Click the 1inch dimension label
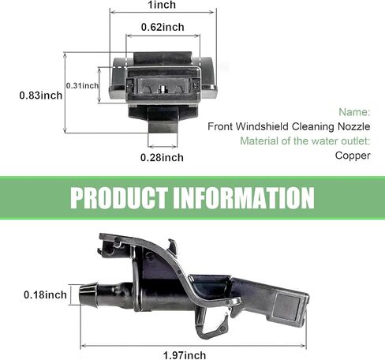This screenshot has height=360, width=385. (x=162, y=5)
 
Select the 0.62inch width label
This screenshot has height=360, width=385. (x=163, y=27)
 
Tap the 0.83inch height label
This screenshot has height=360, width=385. (x=41, y=96)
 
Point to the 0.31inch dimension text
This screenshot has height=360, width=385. (x=82, y=85)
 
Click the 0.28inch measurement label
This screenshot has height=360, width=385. (x=162, y=158)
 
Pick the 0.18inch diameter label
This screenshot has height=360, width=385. (x=45, y=294)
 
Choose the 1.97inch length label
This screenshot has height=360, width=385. (x=185, y=355)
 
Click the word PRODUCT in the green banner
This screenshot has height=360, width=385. (x=119, y=198)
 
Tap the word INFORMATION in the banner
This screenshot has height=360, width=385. (x=244, y=198)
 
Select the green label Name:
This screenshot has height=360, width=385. (x=354, y=112)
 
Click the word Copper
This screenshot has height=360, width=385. (x=353, y=156)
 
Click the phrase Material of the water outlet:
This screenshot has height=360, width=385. (x=305, y=141)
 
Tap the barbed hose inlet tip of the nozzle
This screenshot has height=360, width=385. (x=88, y=294)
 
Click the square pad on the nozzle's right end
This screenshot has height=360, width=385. (x=287, y=306)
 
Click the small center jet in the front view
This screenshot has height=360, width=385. (x=163, y=88)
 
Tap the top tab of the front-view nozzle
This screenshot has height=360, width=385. (x=163, y=58)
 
